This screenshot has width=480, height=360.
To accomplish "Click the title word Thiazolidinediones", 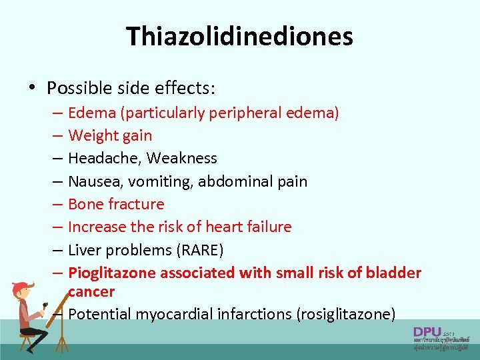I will click(240, 36).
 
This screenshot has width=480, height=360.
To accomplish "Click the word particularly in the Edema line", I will click(163, 113).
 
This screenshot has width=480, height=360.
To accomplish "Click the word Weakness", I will click(182, 159).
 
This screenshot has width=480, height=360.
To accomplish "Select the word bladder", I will click(393, 273).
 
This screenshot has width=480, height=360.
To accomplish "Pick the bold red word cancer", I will click(91, 291).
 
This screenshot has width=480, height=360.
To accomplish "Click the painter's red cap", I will click(22, 287).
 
